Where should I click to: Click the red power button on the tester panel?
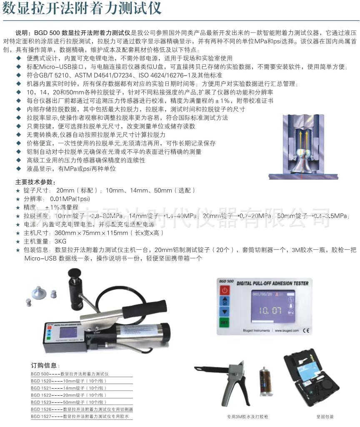(x=225, y=290)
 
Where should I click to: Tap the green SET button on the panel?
(x=225, y=322)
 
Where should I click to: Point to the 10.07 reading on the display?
(x=270, y=310)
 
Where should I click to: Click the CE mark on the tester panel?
(x=305, y=331)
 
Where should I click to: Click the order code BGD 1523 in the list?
(x=41, y=402)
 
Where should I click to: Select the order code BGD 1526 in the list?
(x=41, y=409)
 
